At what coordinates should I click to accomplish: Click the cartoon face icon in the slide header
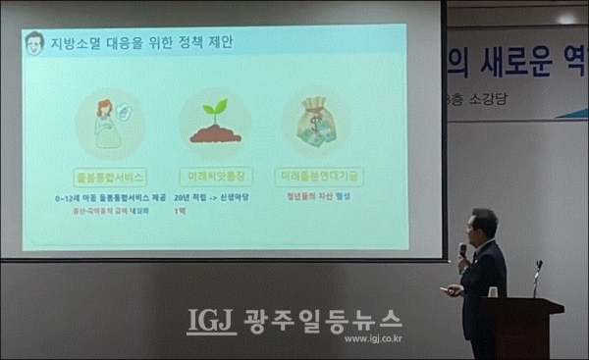pyautogui.click(x=35, y=44)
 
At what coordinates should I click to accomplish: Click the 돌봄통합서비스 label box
pyautogui.click(x=110, y=178)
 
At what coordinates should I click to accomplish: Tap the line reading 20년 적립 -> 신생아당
pyautogui.click(x=214, y=197)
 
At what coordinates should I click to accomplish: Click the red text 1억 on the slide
pyautogui.click(x=179, y=211)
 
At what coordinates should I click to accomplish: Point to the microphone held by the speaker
pyautogui.click(x=462, y=249)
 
